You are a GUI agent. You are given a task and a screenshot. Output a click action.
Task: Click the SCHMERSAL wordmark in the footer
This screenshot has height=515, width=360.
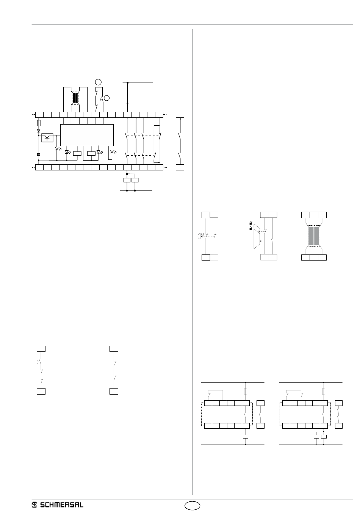pos(61,505)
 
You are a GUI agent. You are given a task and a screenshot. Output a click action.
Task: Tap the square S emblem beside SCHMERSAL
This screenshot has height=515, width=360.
pos(34,505)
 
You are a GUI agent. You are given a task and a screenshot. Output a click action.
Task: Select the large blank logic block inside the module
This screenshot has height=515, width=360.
pos(87,134)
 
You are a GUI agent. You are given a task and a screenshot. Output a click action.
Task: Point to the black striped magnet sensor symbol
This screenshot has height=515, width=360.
pos(75,98)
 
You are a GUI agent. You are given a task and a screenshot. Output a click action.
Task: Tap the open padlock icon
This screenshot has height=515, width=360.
pos(250,222)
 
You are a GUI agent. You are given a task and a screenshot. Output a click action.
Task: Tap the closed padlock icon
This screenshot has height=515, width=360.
pos(250,228)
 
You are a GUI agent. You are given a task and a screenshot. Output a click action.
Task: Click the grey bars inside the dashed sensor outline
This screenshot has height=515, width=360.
pos(314,236)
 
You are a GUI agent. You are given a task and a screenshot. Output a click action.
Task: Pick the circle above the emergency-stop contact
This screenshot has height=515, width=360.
pos(98,81)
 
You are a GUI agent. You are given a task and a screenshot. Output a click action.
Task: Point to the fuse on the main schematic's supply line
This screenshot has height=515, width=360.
pos(127,100)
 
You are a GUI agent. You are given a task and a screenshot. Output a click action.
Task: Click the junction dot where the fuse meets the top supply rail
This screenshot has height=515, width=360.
pos(127,82)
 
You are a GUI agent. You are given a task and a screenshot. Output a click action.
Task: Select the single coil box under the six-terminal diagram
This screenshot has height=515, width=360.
pos(246,437)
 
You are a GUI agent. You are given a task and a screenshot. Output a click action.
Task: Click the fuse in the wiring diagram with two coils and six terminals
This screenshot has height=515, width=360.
pos(323,392)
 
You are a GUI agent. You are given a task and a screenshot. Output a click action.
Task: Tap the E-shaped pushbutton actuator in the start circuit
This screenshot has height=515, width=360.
pos(38,362)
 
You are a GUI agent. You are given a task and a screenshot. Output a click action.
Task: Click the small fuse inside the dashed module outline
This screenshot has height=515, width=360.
pos(39,123)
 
